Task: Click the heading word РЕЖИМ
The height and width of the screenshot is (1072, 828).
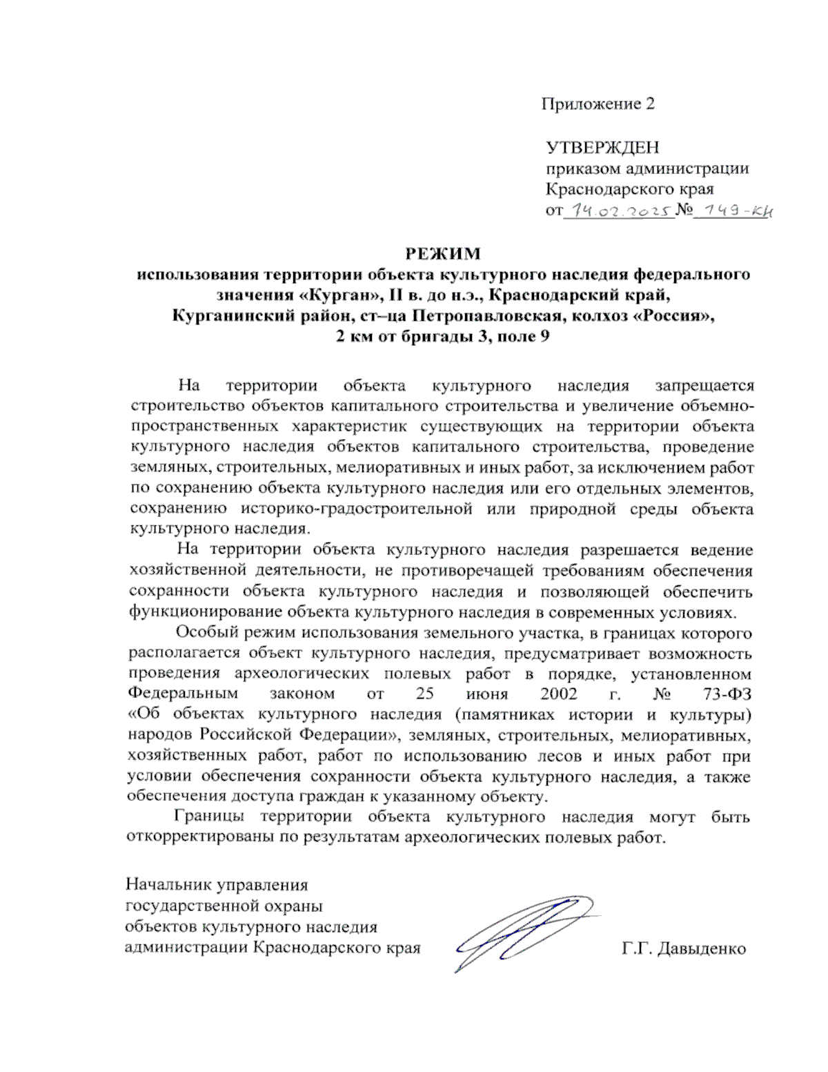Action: click(442, 253)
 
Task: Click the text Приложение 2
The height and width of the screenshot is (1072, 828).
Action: click(598, 104)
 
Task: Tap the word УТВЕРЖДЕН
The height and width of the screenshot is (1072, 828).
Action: click(602, 147)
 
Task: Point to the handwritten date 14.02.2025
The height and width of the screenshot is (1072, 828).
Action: click(618, 211)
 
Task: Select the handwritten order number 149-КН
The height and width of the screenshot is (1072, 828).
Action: click(733, 211)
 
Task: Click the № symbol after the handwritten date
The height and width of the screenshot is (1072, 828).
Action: click(684, 209)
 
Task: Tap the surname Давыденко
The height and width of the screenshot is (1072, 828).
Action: click(702, 948)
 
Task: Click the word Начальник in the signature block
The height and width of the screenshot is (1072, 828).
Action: click(168, 885)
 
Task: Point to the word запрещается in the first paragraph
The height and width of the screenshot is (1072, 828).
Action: click(704, 385)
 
